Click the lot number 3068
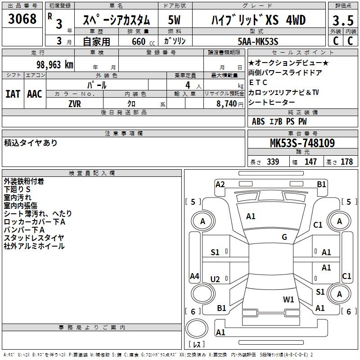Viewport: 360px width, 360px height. pos(22,19)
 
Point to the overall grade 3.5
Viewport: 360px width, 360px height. pos(342,20)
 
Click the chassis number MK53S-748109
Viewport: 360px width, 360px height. pos(302,143)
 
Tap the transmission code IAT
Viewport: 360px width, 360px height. pos(13,94)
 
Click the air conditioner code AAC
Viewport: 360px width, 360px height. pos(34,94)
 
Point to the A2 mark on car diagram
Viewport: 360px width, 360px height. pos(220,184)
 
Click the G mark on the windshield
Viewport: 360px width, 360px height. pos(284,237)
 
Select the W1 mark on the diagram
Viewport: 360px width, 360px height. pos(288,299)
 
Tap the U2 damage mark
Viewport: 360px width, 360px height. pos(216,279)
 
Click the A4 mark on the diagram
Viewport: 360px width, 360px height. pos(194,276)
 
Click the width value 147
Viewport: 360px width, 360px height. pos(310,162)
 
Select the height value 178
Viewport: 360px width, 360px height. pos(346,162)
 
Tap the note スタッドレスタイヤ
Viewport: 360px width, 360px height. pos(34,238)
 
